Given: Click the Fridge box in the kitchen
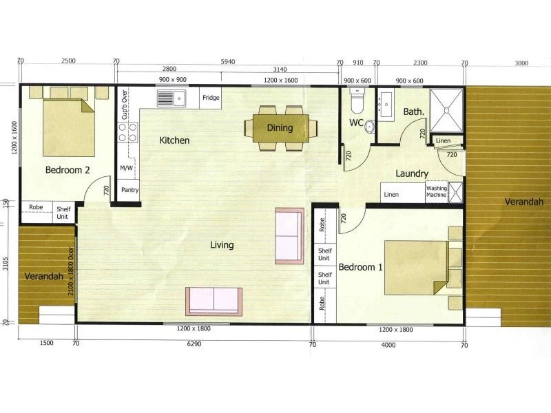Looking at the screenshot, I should pos(211,98).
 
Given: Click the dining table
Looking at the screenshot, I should pos(280,127).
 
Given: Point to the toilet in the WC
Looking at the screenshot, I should pos(357,103).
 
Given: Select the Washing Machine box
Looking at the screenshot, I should pos(437,192).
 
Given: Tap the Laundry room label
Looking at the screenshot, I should pos(413,174).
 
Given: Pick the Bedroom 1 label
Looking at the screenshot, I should pos(361,267).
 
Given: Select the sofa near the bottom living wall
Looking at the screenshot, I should pos(214,301).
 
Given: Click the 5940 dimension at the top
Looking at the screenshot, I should pos(227,62).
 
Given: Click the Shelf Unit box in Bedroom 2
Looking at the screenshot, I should pos(63,213).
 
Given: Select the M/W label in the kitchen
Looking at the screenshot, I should pos(127,168).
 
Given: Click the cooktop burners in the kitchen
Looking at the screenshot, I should pos(128,132).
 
